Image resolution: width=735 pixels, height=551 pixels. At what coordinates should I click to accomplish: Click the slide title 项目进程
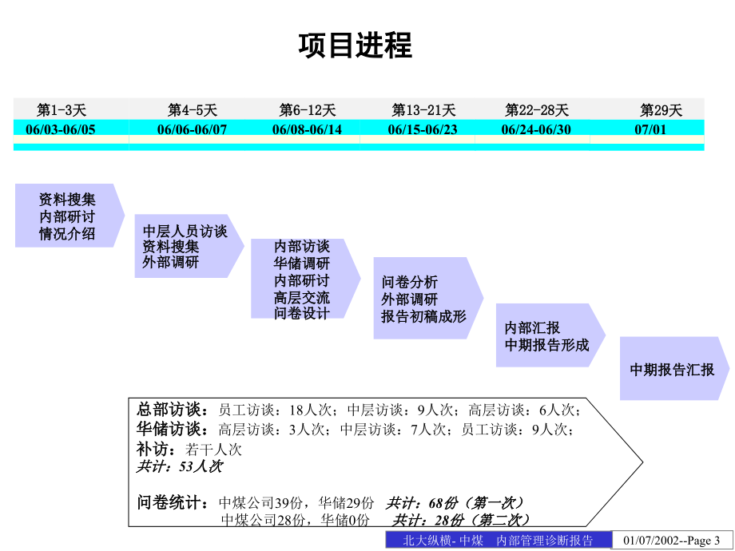point(356,46)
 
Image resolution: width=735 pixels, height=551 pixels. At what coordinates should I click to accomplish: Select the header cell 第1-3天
point(62,110)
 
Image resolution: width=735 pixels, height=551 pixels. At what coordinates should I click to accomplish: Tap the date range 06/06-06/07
point(192,129)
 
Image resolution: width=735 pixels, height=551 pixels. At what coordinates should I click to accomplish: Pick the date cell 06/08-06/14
point(307,129)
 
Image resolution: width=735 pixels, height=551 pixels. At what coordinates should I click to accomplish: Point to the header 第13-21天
point(423,110)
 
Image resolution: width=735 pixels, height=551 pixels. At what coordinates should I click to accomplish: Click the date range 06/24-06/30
point(536,129)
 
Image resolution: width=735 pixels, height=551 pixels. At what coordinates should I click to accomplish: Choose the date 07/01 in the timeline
point(650,129)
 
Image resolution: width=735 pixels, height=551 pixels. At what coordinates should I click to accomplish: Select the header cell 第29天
point(661,110)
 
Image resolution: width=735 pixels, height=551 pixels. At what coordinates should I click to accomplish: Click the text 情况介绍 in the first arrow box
point(67,233)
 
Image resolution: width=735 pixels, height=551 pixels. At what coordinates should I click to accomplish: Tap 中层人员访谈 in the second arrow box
point(185,231)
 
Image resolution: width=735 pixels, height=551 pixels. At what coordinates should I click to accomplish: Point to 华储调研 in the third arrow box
point(302,264)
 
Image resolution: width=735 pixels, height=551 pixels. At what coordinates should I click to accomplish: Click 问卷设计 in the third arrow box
point(302,313)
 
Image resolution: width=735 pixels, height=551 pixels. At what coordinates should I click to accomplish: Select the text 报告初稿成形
point(423,316)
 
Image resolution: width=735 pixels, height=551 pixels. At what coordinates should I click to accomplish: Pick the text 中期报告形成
point(546,345)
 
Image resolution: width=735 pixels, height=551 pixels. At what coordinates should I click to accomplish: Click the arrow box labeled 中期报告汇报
point(674,369)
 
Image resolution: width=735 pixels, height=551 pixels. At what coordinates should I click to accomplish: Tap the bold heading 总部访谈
point(173,410)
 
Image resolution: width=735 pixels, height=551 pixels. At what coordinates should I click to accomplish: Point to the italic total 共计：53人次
point(180,466)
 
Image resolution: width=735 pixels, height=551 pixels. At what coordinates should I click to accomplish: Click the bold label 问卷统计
point(173,502)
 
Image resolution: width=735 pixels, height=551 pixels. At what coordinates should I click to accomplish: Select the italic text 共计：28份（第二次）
point(461,520)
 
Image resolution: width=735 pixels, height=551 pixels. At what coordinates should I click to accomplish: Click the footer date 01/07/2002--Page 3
point(671,541)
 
